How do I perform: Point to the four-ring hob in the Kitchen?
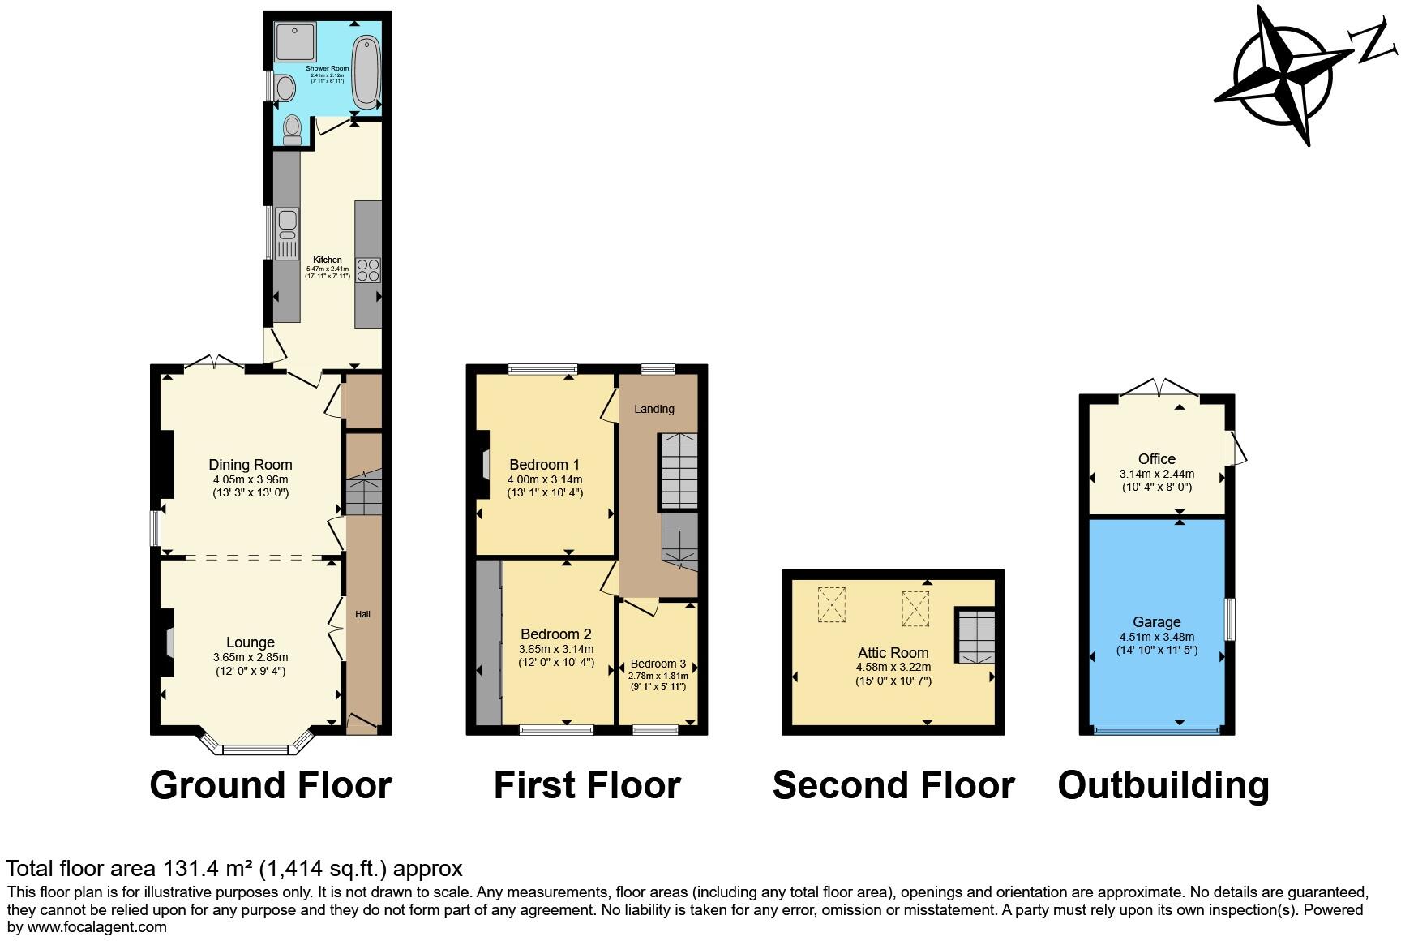pyautogui.click(x=368, y=269)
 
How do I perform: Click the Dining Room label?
pyautogui.click(x=250, y=465)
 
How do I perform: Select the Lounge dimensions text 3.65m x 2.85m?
pyautogui.click(x=250, y=657)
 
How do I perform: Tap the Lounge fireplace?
pyautogui.click(x=168, y=642)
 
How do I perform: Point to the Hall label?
pyautogui.click(x=362, y=614)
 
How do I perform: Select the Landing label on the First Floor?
pyautogui.click(x=653, y=409)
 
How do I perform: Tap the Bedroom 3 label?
pyautogui.click(x=658, y=664)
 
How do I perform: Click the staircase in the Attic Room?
pyautogui.click(x=975, y=637)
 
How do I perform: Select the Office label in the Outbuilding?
pyautogui.click(x=1156, y=458)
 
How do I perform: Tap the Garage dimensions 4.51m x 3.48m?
pyautogui.click(x=1156, y=637)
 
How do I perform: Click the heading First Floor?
pyautogui.click(x=587, y=785)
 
